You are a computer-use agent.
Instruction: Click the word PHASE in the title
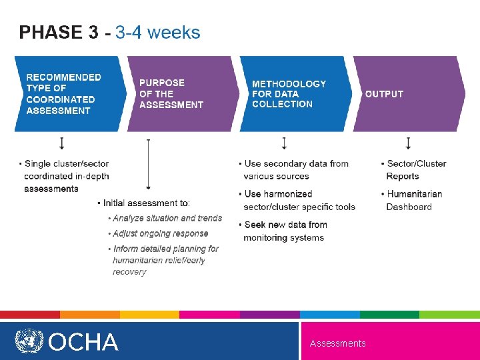51,32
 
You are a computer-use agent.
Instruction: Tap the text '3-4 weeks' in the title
157,32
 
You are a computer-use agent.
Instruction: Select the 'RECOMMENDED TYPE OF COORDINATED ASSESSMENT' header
64,94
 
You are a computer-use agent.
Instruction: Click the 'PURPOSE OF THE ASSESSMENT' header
171,94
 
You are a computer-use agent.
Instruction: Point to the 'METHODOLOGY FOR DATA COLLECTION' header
289,94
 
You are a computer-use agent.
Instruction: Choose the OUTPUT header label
384,94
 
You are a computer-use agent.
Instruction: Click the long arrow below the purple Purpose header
148,165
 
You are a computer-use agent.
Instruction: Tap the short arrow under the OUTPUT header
408,143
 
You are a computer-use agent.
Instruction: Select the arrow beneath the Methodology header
284,143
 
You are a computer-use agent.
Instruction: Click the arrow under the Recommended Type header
62,143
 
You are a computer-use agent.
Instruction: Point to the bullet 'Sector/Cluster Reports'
415,170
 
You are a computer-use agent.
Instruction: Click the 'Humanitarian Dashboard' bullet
413,201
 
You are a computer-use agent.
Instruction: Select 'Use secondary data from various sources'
295,170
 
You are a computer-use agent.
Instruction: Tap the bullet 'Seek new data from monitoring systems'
285,231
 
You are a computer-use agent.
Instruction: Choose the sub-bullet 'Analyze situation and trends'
167,219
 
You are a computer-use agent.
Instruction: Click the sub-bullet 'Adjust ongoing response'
160,234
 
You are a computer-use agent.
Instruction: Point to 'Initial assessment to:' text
145,203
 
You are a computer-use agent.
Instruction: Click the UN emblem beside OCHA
29,341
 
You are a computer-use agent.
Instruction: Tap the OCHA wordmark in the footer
83,342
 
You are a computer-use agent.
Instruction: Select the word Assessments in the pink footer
337,343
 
